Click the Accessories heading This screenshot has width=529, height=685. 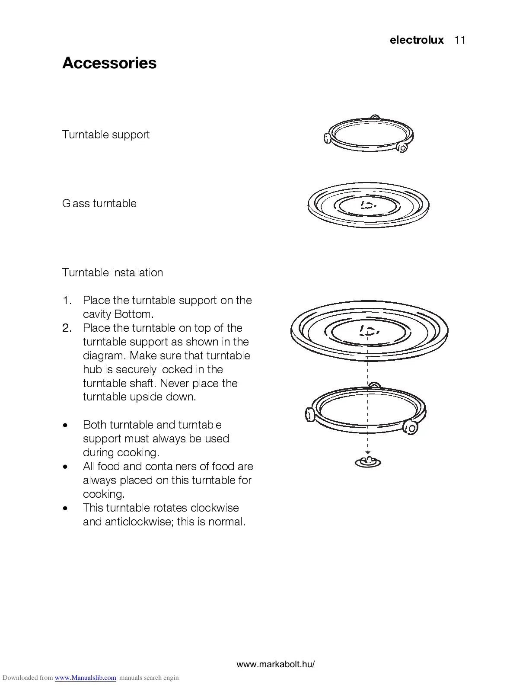coord(109,63)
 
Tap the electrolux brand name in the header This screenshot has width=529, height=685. coord(417,40)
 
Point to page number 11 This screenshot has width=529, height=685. coord(460,40)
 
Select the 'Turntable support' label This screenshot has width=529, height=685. coord(106,134)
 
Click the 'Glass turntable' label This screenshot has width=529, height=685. coord(99,203)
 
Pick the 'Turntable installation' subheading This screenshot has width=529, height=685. coord(112,272)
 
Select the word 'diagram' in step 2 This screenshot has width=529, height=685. coord(103,355)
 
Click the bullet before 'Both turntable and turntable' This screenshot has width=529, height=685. coord(65,425)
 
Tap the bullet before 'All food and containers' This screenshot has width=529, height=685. coord(65,467)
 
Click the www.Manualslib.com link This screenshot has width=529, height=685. coord(86,678)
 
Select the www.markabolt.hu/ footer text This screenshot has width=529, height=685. coord(276,665)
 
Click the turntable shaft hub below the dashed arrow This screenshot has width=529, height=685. coord(368,462)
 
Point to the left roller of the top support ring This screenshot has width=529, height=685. coord(327,138)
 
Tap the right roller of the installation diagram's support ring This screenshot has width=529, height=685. coord(410,428)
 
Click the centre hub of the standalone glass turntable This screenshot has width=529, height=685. coord(368,205)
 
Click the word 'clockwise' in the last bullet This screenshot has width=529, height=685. coord(214,508)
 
